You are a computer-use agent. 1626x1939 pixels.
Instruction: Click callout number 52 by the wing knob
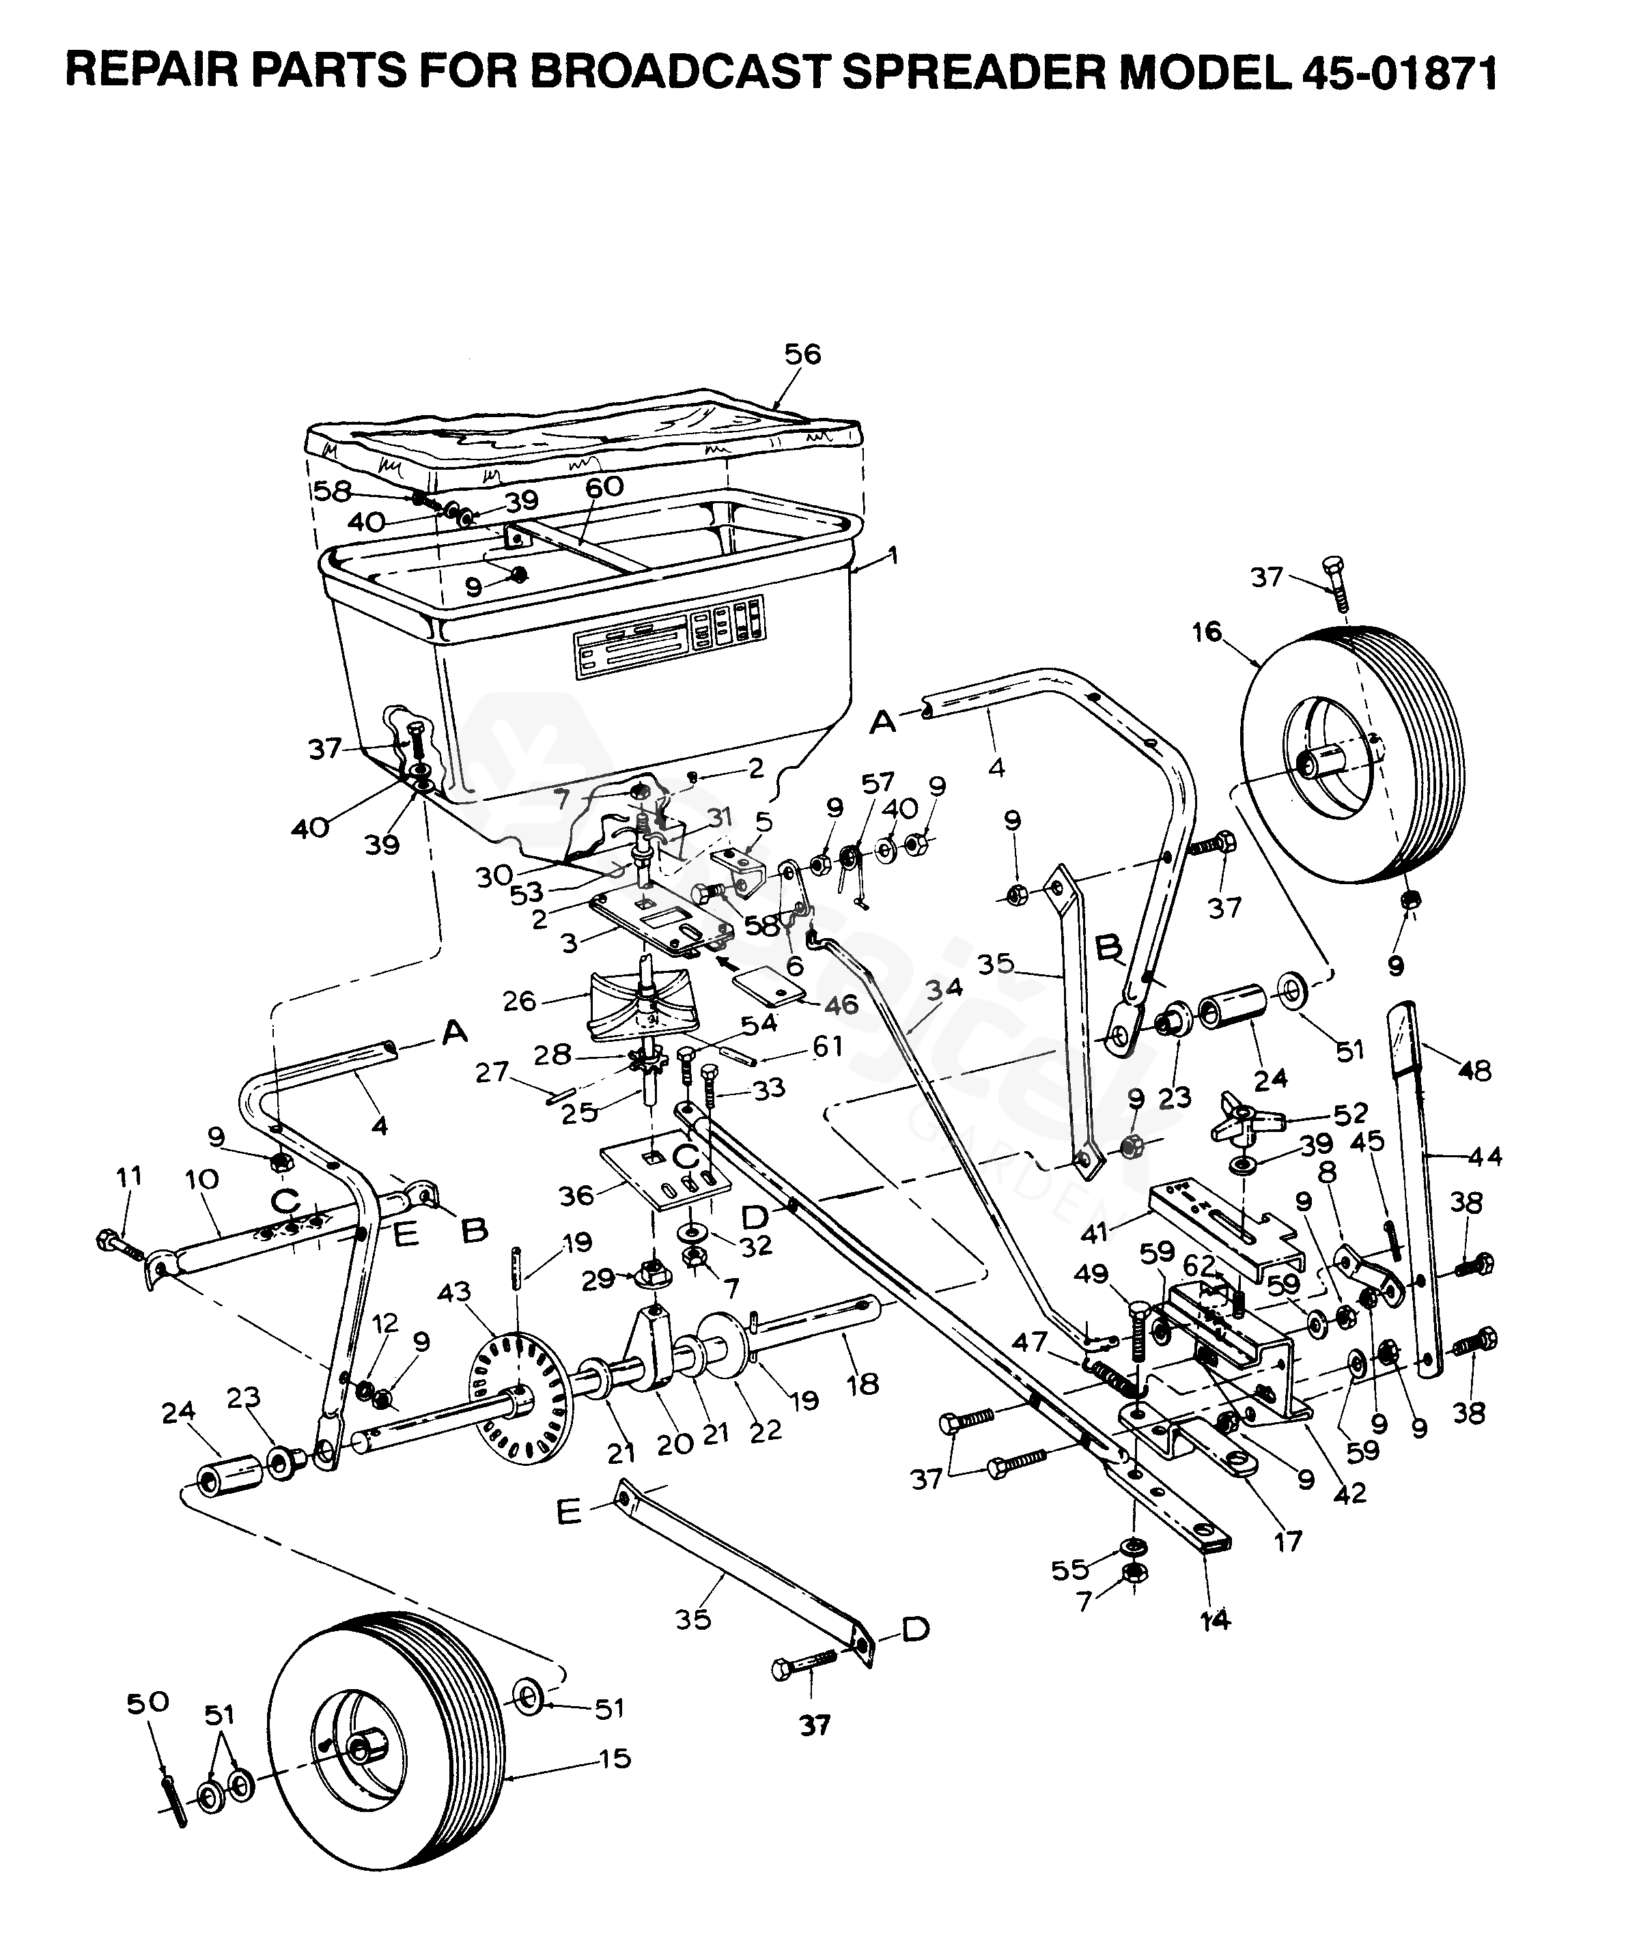coord(1349,1112)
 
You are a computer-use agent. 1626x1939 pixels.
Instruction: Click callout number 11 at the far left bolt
coord(129,1176)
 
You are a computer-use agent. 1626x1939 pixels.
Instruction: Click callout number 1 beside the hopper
coord(892,556)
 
